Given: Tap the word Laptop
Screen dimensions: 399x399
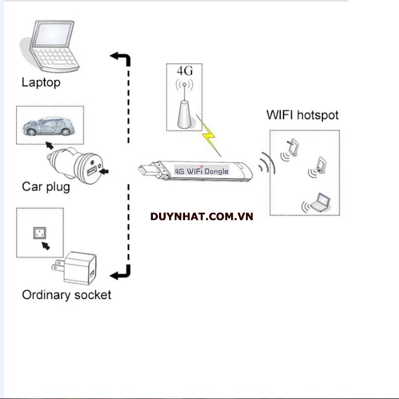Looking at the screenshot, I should (x=40, y=83).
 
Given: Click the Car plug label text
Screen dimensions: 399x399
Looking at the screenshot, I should (x=46, y=186).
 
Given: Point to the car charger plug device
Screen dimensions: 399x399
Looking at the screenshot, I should (x=78, y=164).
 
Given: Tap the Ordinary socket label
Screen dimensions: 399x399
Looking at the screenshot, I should (x=66, y=295).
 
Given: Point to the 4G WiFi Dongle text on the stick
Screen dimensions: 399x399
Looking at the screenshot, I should (x=202, y=171).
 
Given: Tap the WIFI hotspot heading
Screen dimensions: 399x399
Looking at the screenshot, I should (x=302, y=115).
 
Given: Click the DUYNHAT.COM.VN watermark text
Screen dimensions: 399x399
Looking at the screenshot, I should (x=202, y=216).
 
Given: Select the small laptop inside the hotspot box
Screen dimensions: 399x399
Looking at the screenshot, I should (x=319, y=203).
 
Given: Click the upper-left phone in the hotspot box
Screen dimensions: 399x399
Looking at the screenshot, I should (x=293, y=149).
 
